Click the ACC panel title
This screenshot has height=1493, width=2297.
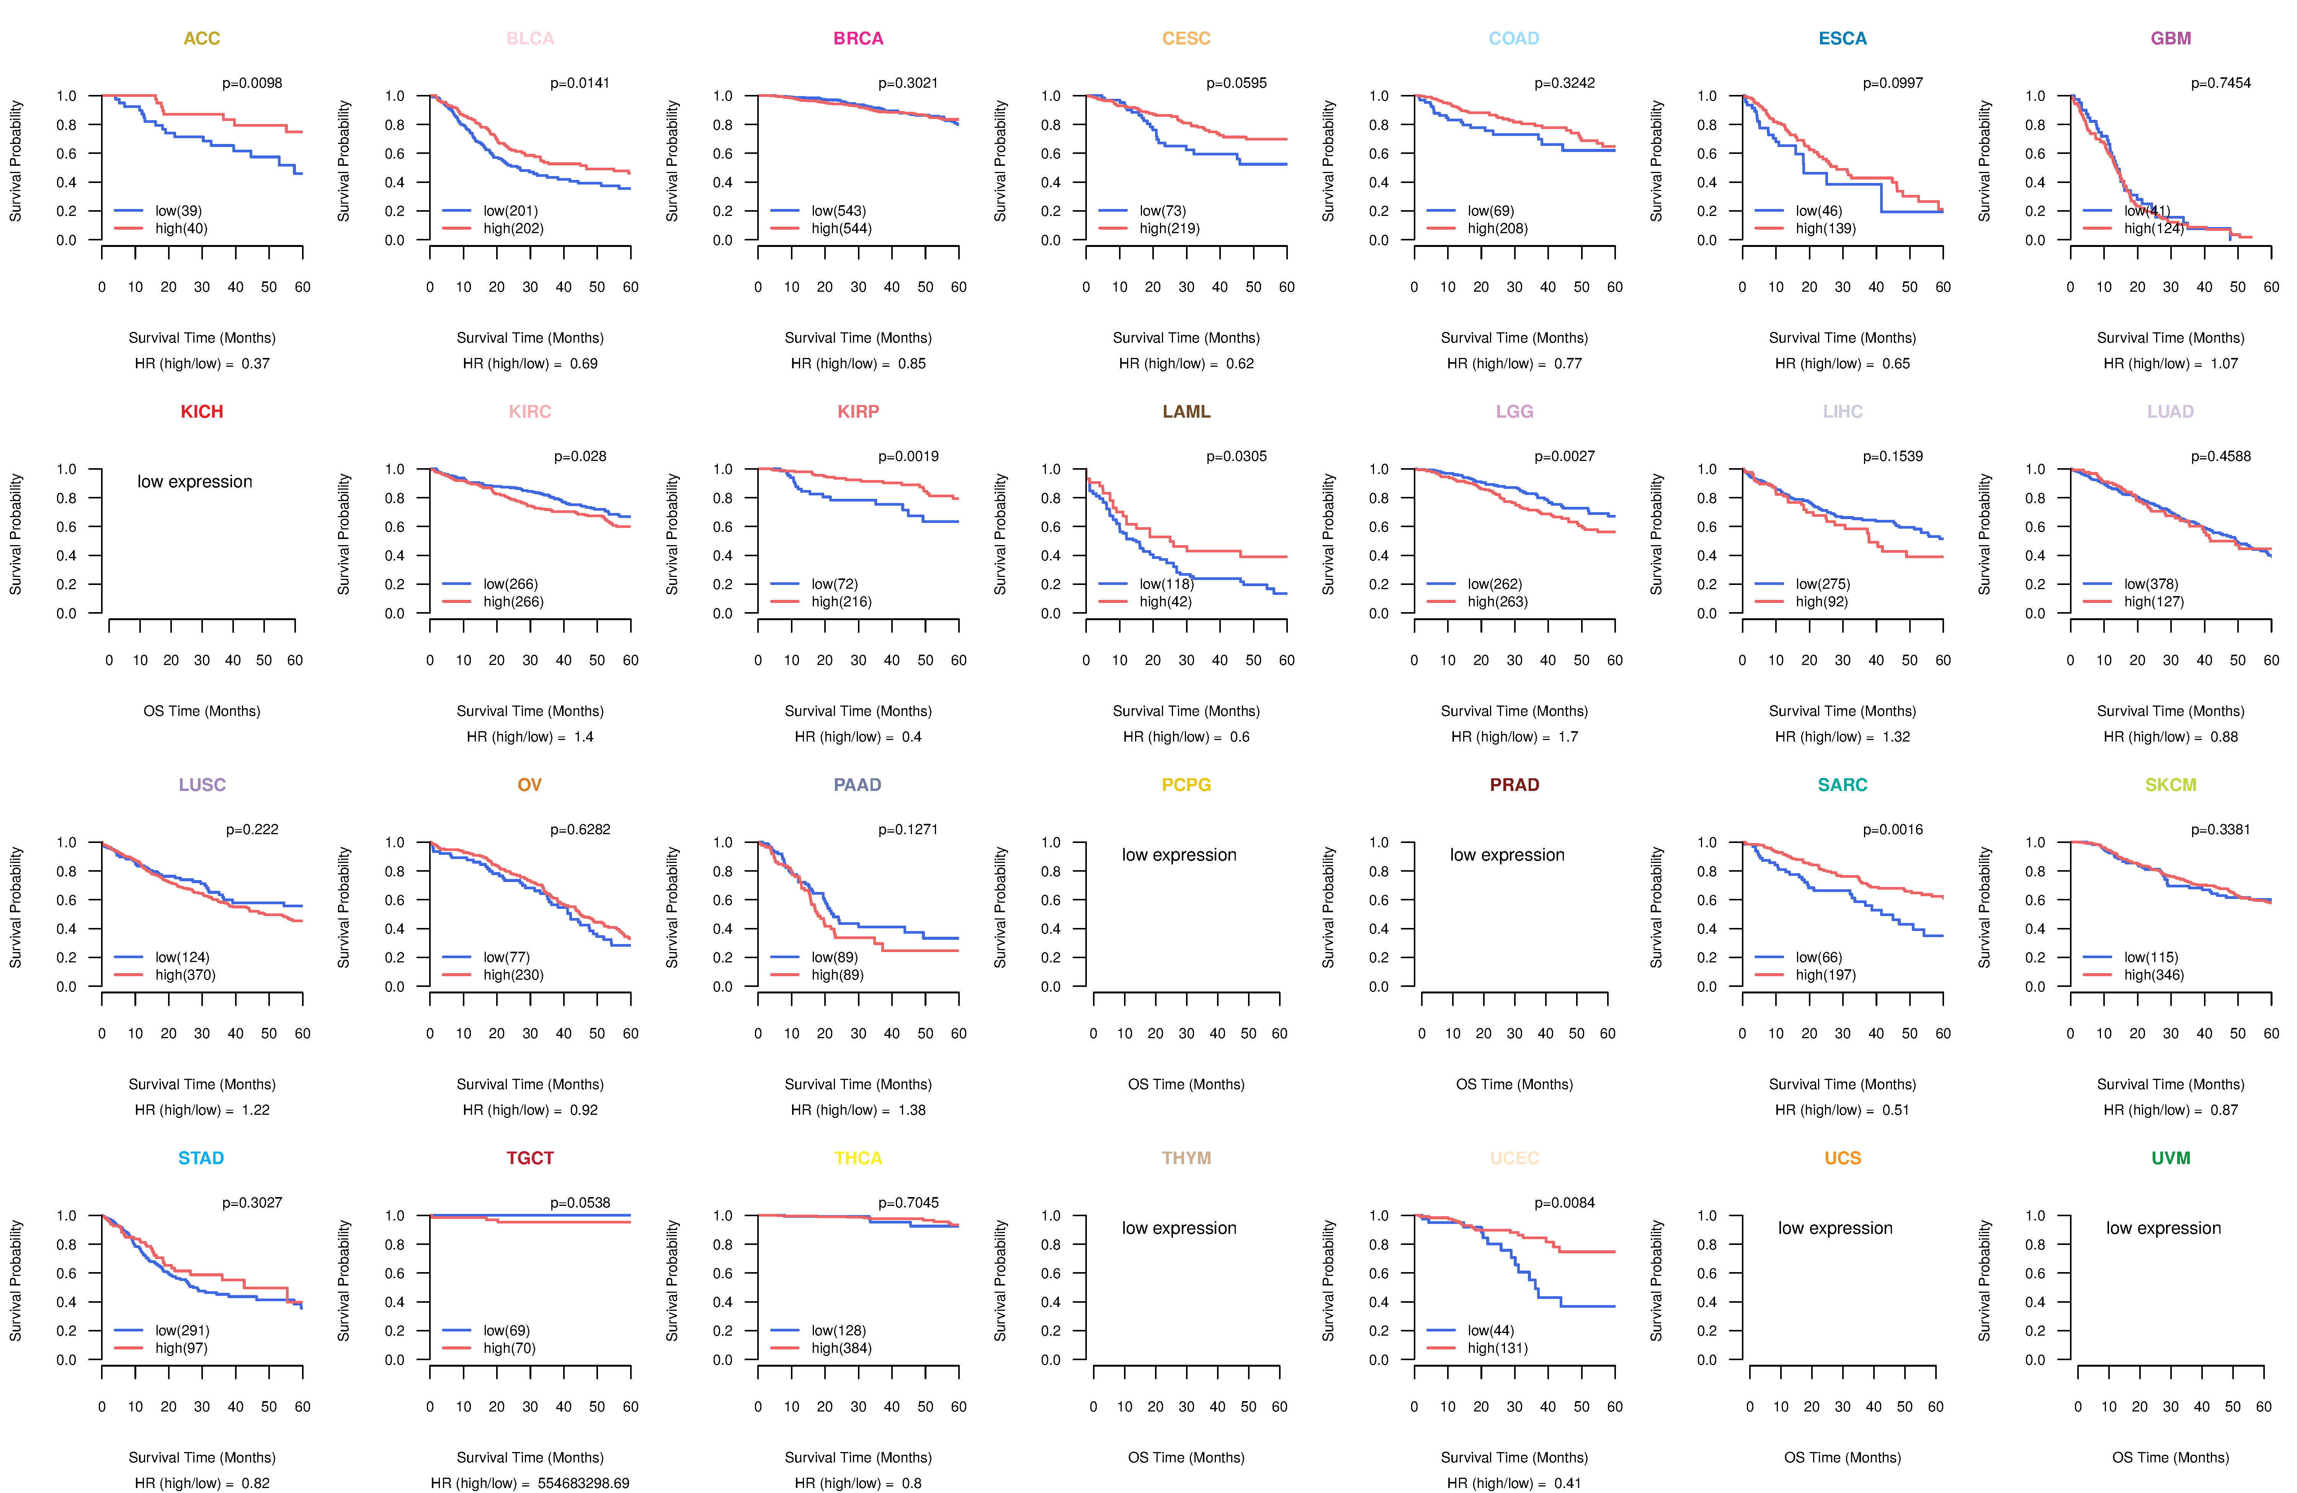[202, 39]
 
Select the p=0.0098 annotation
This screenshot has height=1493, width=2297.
[252, 83]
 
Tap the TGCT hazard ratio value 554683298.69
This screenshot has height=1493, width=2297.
[584, 1483]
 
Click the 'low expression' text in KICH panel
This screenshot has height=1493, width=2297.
[195, 482]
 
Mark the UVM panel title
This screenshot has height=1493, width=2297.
[2171, 1158]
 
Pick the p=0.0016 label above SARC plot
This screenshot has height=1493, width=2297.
[1893, 830]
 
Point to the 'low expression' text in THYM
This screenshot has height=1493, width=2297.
[1180, 1228]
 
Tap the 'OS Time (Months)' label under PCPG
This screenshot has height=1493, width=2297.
[1186, 1085]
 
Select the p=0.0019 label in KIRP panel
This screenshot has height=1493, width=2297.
[908, 456]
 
